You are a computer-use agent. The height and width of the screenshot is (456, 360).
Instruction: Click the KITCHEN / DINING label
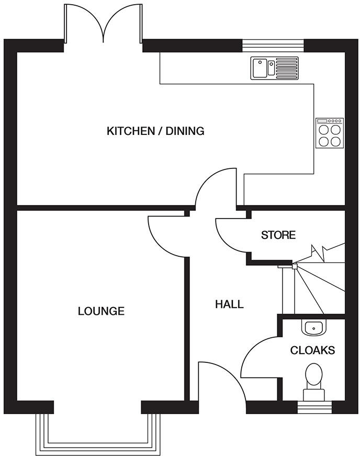155,131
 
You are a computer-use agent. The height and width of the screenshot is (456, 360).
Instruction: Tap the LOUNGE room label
101,311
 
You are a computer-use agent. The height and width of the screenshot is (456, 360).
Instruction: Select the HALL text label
229,304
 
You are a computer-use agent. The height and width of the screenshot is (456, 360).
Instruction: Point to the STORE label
278,235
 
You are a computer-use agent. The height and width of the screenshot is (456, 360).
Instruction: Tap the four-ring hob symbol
330,134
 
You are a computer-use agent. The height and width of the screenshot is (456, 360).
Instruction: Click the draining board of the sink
287,68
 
